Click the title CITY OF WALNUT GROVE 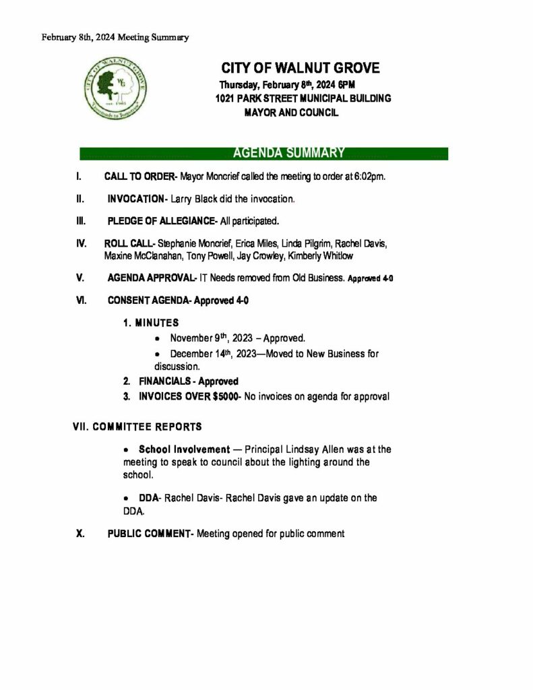click(300, 68)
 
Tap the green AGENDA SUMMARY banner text click(288, 154)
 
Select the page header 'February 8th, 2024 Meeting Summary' click(115, 38)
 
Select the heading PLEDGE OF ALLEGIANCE click(160, 221)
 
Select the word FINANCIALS click(164, 381)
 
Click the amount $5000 click(224, 397)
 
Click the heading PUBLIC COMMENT click(149, 534)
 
